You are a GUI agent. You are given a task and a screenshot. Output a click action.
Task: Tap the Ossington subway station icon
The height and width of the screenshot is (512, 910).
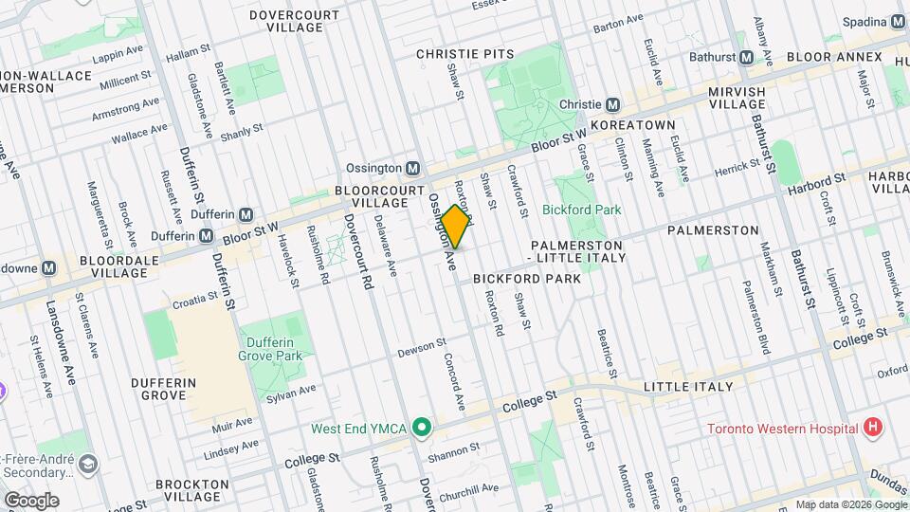point(412,168)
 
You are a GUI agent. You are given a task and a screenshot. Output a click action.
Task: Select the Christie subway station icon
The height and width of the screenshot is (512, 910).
point(613,104)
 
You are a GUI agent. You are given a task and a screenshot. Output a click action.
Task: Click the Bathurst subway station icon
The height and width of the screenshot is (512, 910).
point(746,57)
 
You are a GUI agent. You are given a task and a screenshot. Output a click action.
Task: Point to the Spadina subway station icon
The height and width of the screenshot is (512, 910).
point(898,21)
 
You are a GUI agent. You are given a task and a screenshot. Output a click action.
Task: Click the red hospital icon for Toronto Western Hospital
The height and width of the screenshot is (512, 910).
point(873,428)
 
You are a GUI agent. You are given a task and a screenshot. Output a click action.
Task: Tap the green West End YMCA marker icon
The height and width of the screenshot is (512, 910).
point(422,429)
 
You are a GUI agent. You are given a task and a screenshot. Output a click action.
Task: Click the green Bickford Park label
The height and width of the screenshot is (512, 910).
point(581,210)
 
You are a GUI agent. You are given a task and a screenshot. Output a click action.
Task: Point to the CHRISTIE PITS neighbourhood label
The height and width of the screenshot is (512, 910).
point(464,54)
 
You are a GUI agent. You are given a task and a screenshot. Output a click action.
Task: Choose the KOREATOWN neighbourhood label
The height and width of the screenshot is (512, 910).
point(632,125)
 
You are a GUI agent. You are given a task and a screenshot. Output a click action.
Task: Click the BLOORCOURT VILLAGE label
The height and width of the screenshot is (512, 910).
point(376,196)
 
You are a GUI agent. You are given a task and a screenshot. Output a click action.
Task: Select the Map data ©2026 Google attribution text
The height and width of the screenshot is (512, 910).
point(850,504)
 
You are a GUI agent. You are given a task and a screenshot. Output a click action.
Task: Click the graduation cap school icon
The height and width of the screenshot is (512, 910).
point(88,463)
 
